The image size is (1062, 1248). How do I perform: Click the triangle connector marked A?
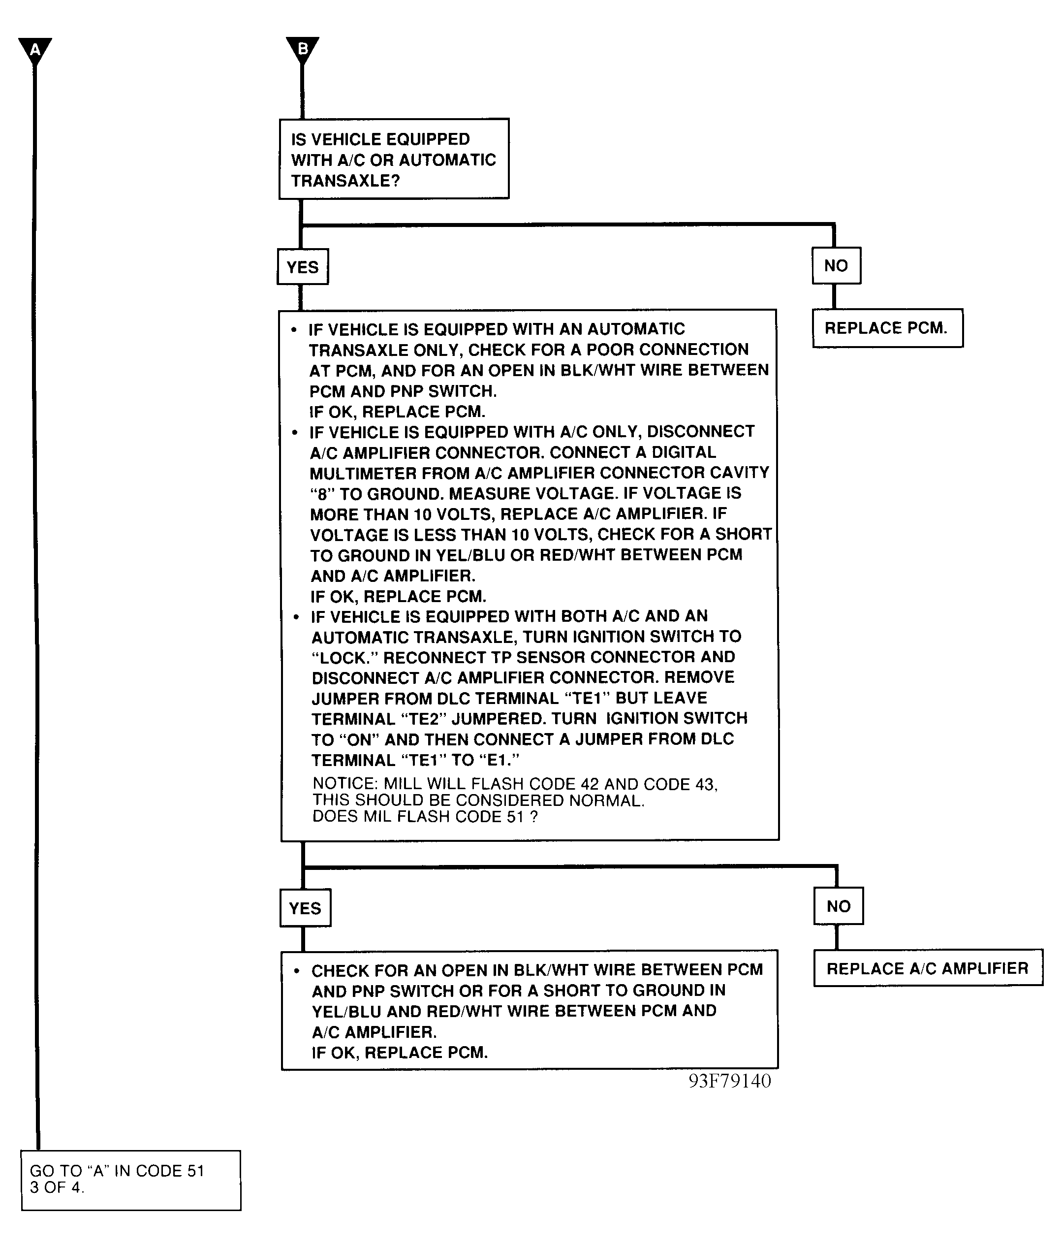click(x=35, y=49)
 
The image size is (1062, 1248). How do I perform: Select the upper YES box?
click(x=302, y=267)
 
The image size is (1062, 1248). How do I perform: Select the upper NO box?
click(x=836, y=266)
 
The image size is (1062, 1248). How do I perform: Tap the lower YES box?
click(x=305, y=908)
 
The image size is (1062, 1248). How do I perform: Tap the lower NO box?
click(x=838, y=906)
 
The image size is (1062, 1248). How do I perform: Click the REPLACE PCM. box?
click(x=887, y=328)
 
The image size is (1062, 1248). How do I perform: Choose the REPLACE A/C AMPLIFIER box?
click(x=927, y=968)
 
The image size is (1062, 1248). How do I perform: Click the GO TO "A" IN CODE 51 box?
click(x=130, y=1180)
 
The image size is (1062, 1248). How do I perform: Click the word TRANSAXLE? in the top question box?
click(x=345, y=181)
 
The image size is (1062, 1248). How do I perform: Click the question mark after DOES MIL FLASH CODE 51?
click(x=533, y=817)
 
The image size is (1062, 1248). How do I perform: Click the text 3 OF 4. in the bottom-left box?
click(x=57, y=1188)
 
